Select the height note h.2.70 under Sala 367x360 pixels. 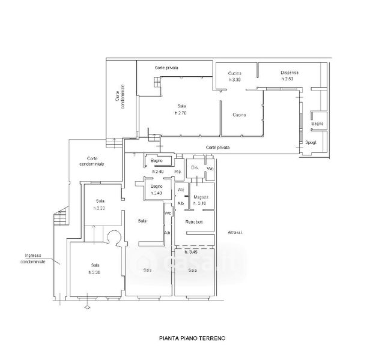click(x=181, y=113)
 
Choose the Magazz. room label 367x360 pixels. click(x=200, y=197)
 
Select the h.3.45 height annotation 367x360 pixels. click(x=192, y=252)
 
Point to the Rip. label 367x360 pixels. click(x=178, y=172)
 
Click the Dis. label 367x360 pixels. click(x=195, y=167)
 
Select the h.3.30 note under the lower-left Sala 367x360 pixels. click(x=95, y=272)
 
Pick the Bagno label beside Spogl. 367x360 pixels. click(x=317, y=124)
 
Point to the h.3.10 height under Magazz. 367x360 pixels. click(x=199, y=203)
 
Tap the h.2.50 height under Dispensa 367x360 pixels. click(x=289, y=80)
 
